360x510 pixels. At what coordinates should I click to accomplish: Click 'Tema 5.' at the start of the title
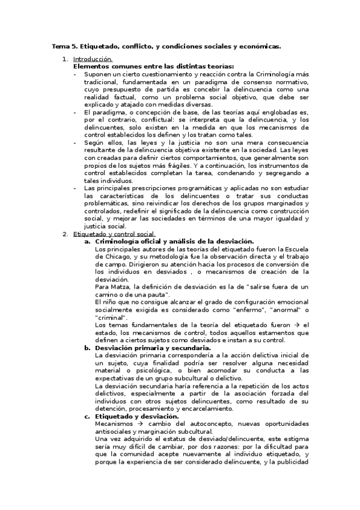pos(63,46)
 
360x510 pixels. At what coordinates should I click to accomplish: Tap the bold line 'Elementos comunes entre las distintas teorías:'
pos(153,66)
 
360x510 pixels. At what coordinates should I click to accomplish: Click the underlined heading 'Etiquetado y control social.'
pos(114,234)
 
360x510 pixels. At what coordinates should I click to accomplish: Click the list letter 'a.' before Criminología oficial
pos(88,241)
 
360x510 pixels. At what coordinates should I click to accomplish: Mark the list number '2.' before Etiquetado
pos(66,234)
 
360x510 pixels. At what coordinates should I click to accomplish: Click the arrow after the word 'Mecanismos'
pos(134,423)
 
